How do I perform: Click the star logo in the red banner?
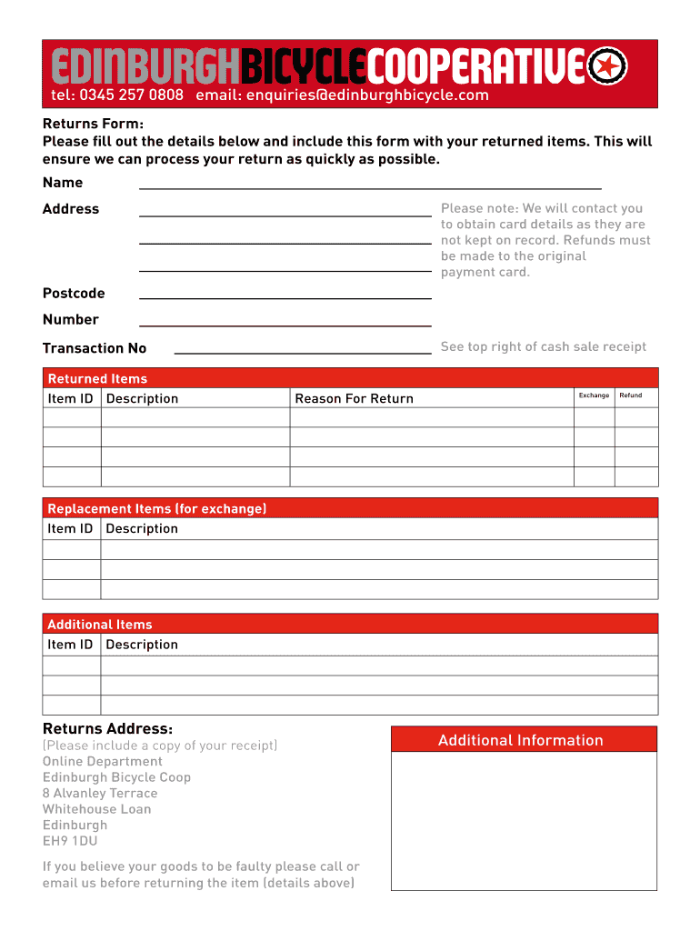607,65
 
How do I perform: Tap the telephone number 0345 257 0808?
131,95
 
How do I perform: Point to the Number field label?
71,319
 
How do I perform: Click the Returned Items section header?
97,378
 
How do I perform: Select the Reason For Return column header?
354,398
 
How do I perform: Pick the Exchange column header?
594,395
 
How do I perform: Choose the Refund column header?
630,395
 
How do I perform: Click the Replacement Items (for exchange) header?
156,508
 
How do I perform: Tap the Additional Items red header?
100,625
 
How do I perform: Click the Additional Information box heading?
520,740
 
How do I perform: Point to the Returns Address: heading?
107,728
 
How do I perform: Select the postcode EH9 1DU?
70,841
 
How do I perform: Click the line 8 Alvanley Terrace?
100,793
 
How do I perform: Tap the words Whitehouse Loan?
96,809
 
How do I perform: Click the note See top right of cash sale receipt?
544,346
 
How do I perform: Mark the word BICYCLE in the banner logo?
305,65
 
